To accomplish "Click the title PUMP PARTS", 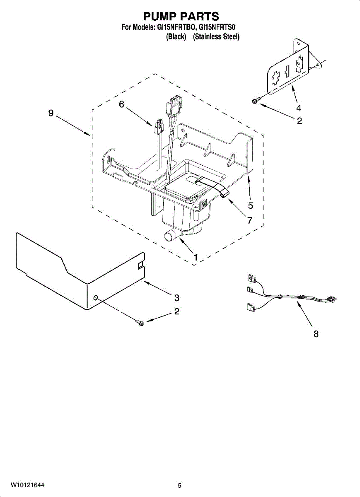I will (181, 16).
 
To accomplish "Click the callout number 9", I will (51, 113).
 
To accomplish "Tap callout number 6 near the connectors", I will (121, 105).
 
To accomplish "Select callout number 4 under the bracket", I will (298, 109).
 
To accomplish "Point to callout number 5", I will (251, 205).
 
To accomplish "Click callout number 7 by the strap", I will (250, 220).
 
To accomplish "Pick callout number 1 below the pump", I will (195, 257).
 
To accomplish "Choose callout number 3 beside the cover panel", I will (176, 297).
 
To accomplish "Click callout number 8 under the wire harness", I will (316, 334).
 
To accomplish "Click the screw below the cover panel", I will (140, 322).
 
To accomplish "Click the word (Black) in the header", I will (176, 37).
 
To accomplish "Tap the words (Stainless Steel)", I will (216, 37).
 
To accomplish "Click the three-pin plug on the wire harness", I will (331, 298).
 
